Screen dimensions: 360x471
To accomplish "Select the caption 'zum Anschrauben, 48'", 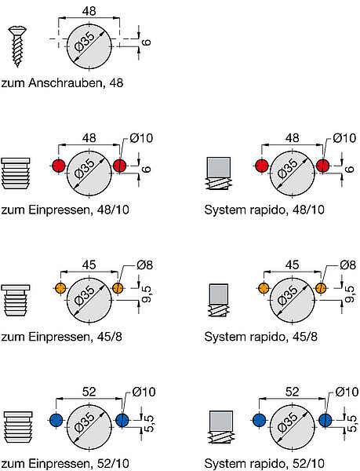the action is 62,83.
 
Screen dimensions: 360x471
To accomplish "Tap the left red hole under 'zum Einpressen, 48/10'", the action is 59,166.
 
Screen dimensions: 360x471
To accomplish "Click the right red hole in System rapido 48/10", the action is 323,166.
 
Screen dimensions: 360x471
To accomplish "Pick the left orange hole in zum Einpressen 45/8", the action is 60,288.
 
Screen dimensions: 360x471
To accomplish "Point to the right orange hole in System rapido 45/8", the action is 321,288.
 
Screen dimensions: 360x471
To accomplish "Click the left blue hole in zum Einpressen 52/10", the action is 56,420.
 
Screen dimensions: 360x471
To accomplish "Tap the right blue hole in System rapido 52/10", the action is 325,420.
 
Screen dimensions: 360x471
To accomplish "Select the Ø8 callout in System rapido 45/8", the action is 347,265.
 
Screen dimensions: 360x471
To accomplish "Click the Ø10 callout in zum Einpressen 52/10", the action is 144,392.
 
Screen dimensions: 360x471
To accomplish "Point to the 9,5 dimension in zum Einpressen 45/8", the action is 147,294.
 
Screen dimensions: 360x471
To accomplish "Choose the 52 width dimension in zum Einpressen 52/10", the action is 89,392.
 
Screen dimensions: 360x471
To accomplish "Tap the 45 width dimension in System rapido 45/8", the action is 293,265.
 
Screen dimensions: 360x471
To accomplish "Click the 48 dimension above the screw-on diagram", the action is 89,11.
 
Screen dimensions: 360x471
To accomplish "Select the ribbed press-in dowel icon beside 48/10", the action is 16,173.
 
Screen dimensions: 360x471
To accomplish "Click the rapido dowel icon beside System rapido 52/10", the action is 220,427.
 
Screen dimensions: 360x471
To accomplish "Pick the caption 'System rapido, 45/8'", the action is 261,337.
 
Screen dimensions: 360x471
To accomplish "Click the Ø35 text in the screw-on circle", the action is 84,42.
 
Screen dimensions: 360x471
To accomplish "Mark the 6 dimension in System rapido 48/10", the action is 350,169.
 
